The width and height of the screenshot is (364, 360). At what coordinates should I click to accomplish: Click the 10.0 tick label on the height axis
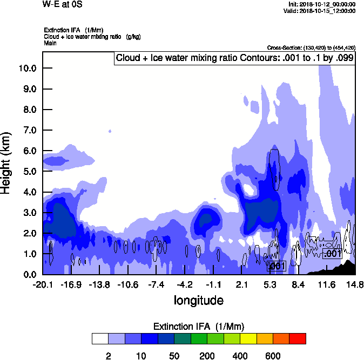click(27, 68)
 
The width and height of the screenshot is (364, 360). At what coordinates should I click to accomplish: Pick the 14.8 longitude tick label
click(354, 284)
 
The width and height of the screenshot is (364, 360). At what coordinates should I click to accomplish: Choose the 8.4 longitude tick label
click(299, 284)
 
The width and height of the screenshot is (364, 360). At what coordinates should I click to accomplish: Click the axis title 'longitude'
click(198, 300)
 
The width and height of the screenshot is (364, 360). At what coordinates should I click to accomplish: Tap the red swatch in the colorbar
click(298, 338)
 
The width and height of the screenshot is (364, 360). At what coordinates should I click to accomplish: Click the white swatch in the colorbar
click(100, 338)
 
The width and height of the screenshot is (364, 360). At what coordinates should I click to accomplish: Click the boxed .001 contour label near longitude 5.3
click(276, 266)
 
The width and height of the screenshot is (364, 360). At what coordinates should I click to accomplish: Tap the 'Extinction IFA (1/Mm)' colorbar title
click(199, 326)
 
